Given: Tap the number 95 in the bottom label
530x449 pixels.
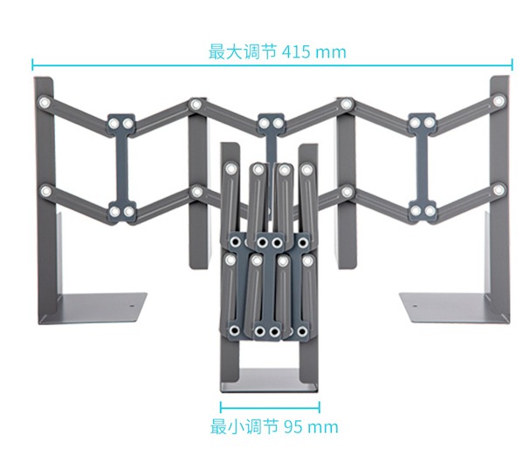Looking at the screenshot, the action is pos(294,427).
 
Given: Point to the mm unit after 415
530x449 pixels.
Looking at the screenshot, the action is pos(331,51).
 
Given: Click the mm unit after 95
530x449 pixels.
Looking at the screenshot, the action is pos(322,427).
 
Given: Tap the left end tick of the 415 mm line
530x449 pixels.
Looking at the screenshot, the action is pos(33,64).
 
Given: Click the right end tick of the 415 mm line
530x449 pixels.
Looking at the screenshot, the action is pos(513,64).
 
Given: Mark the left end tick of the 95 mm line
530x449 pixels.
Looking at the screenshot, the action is pos(221,406).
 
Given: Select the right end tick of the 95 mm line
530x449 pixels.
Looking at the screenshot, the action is pos(320,406).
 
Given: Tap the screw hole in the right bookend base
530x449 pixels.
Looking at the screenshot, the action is pos(415,305).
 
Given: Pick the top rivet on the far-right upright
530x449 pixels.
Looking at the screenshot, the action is pos(499,103).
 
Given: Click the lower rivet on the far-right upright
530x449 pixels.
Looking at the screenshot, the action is pos(499,189).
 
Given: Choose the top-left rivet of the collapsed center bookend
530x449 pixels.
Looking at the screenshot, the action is pos(231,167).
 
